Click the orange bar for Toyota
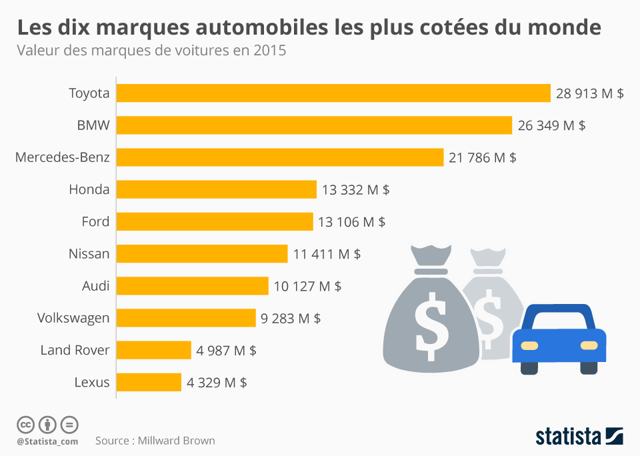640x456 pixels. pos(333,93)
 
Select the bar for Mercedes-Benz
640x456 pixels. pos(280,157)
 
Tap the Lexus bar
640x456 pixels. pos(149,383)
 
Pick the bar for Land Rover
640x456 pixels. pos(154,350)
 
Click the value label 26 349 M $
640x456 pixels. pos(551,125)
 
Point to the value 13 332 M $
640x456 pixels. pos(355,190)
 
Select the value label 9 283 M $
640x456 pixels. pos(291,319)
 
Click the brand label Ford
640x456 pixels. pos(95,222)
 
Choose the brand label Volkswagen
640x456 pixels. pos(73,318)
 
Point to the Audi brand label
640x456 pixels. pos(95,286)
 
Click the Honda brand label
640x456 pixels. pos(89,190)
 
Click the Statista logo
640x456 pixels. pos(579,437)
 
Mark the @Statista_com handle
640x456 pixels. pos(47,441)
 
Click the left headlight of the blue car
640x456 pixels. pos(529,345)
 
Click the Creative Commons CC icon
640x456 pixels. pos(25,424)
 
